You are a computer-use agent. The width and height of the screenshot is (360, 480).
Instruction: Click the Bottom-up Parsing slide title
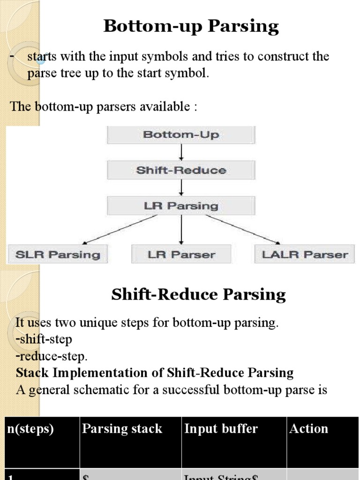[191, 26]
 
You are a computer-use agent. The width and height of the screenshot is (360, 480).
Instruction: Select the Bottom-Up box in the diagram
[181, 135]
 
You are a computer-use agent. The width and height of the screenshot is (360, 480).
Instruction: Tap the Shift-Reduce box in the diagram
[181, 170]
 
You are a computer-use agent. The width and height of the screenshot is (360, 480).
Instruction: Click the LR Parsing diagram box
[181, 206]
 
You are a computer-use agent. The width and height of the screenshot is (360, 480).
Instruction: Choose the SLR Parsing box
[58, 255]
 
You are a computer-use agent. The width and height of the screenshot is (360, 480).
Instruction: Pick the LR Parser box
[181, 255]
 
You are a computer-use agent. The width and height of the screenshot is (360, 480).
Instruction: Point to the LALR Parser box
[305, 255]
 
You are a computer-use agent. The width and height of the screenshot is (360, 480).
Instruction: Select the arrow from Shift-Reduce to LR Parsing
[181, 188]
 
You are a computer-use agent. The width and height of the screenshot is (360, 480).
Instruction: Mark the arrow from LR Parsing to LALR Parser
[243, 229]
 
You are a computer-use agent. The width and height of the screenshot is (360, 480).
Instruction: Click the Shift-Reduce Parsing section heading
[198, 295]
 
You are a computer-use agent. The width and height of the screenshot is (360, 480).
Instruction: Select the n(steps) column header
[30, 429]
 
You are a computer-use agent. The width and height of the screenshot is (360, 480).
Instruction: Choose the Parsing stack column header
[122, 429]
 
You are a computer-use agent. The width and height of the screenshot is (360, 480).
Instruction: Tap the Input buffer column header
[221, 429]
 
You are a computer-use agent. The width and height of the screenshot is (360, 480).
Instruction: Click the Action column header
[308, 429]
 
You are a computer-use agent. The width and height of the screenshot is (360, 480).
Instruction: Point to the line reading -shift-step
[44, 339]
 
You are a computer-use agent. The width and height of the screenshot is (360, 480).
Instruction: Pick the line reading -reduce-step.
[52, 356]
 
